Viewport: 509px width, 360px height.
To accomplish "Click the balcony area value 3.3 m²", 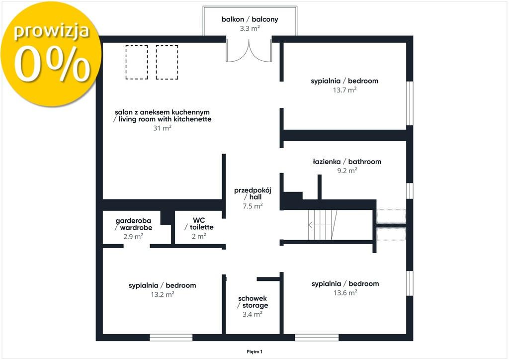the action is click(250, 28).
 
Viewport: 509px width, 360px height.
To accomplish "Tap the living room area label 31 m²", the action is click(162, 128).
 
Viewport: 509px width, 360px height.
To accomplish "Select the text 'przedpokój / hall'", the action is click(253, 193).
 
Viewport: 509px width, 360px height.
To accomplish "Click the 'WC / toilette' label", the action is click(199, 224).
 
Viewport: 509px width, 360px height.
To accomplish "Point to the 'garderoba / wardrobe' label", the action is click(133, 224).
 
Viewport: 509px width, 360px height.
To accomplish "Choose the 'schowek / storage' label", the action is click(253, 302).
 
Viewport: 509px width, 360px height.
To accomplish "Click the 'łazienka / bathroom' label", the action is click(347, 162).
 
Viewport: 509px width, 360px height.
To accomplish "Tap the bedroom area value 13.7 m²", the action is click(345, 90).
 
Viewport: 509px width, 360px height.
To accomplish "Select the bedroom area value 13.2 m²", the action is click(163, 294).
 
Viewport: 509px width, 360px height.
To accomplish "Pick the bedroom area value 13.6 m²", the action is click(345, 293).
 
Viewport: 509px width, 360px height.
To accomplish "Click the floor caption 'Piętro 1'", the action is click(254, 352).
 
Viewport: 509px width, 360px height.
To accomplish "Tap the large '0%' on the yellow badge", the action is click(52, 64).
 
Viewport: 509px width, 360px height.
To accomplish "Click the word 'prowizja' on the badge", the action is click(51, 31).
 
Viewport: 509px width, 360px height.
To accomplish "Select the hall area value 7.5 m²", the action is click(253, 206).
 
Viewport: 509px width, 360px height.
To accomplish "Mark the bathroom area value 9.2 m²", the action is click(347, 171).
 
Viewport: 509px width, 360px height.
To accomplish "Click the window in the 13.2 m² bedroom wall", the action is click(171, 338).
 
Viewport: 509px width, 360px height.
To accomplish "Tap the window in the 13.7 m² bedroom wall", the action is click(410, 103).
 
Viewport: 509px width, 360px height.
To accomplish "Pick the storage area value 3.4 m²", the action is click(253, 314).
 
